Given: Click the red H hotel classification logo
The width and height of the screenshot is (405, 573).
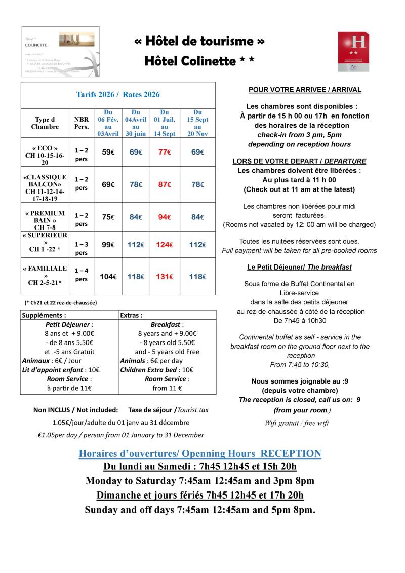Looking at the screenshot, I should tap(353, 51).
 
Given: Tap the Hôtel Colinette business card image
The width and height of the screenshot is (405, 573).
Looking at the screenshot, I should tap(60, 51).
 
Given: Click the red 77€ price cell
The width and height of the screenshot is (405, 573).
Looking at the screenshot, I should tap(165, 152).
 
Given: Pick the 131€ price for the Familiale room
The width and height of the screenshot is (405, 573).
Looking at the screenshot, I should tap(165, 277).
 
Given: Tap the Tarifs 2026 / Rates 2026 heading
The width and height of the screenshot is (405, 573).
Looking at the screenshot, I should tap(118, 94).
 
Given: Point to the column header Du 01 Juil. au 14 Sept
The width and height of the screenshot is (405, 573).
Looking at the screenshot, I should tap(165, 123).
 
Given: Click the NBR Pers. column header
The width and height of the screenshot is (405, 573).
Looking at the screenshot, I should tap(81, 123).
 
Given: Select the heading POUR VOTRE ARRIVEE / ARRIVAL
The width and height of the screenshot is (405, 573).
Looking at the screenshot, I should tap(305, 90).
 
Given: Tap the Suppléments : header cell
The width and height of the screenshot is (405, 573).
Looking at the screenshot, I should tap(44, 315).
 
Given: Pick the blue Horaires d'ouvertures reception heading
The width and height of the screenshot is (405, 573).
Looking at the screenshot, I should tap(200, 453).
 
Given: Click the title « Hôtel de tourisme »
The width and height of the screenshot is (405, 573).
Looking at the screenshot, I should tap(200, 41).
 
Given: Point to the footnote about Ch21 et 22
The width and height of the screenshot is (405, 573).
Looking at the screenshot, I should tap(61, 302).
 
